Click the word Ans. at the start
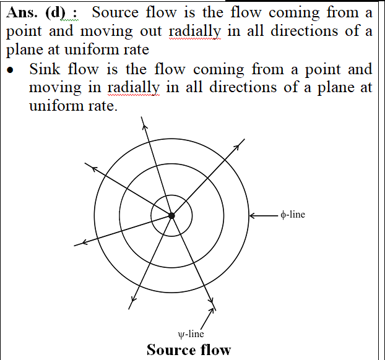pos(22,12)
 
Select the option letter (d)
pos(56,13)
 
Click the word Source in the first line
pos(115,12)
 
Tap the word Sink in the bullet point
pos(45,69)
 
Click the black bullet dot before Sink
pos(10,70)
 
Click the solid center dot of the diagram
pos(171,216)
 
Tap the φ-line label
pos(293,215)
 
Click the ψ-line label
pos(191,334)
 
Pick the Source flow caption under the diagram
pos(189,349)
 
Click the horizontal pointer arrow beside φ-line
pos(264,216)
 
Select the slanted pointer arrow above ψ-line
pos(207,319)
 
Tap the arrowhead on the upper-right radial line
pos(236,147)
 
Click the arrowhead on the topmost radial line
pos(145,126)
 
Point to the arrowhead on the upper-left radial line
pos(94,169)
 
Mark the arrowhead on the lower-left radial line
pos(84,242)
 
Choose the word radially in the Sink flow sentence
pos(133,88)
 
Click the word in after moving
pos(95,87)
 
